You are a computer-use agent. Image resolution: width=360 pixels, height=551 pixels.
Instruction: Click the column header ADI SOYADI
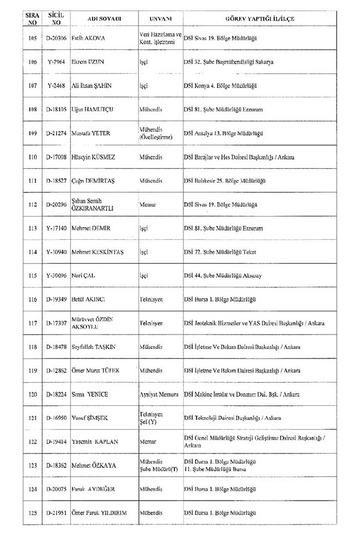point(104,18)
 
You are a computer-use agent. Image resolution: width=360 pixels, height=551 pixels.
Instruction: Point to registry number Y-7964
point(57,63)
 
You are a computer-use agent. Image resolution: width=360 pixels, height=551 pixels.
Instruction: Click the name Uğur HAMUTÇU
point(92,110)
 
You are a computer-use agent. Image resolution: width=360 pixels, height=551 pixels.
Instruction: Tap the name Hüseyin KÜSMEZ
point(93,157)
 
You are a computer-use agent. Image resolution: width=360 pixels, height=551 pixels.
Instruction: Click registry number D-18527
point(57,181)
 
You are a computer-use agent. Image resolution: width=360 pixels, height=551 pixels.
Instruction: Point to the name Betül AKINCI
point(89,299)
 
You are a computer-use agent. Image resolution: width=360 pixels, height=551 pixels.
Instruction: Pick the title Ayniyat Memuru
point(159,394)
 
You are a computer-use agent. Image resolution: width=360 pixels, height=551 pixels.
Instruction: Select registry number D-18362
point(57,466)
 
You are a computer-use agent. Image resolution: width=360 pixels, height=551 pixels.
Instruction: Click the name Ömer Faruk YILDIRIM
point(99,513)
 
